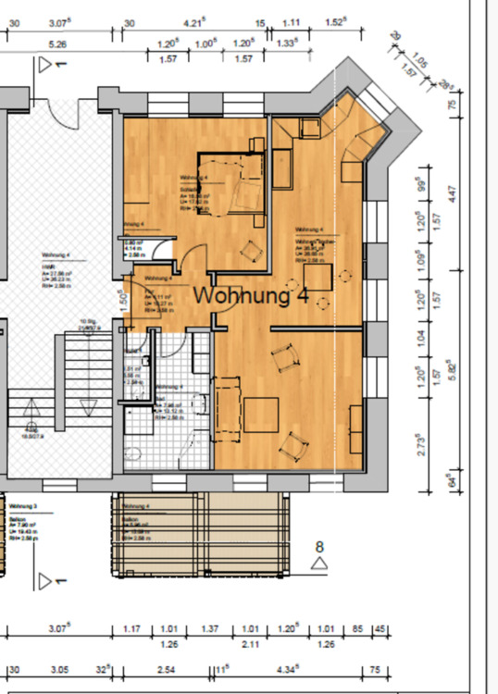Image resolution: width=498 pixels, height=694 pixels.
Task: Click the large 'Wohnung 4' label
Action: tap(250, 297)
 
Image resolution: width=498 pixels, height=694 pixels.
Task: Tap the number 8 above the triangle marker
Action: tap(319, 547)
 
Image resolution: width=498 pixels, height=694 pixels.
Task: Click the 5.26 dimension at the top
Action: tap(57, 43)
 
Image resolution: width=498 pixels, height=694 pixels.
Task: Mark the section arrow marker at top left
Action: tap(46, 66)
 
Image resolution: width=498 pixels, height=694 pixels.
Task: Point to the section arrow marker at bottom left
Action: tap(46, 580)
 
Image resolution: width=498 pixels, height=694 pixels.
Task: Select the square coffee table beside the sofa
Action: tap(262, 414)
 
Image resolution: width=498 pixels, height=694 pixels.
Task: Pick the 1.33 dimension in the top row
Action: tap(285, 43)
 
